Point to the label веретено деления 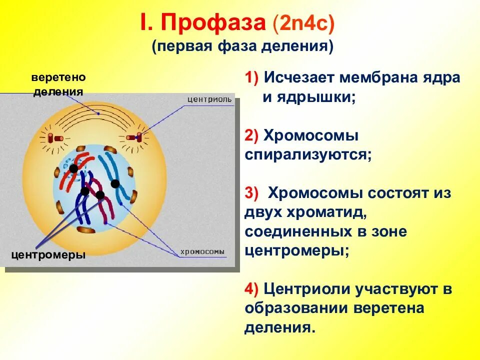click(x=58, y=84)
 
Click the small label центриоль click(x=209, y=99)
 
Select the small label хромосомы click(x=202, y=251)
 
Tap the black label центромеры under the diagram click(x=48, y=255)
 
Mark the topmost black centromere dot click(x=73, y=168)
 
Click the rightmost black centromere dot click(x=115, y=183)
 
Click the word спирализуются click(x=308, y=155)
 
